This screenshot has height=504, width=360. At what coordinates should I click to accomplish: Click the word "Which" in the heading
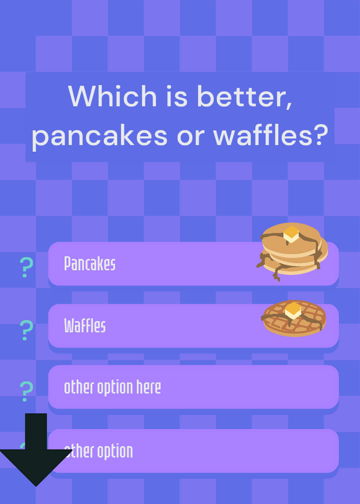pos(112,96)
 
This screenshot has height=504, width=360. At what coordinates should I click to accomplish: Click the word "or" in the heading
pos(190,137)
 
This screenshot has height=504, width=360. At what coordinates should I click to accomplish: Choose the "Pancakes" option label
pos(90,263)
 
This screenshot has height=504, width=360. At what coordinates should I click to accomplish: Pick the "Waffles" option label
pos(85,326)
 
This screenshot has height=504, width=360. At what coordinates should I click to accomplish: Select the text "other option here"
pos(112,387)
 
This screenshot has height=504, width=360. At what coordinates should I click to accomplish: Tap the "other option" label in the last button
pos(98,451)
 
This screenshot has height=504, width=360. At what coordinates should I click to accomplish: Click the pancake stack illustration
pos(293,251)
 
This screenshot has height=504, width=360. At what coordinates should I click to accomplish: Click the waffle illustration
pos(294,318)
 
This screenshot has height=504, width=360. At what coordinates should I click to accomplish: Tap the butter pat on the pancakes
pos(291,234)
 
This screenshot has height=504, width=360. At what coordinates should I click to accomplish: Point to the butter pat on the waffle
pos(293,311)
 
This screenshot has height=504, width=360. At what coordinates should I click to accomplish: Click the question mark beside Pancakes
pos(26,267)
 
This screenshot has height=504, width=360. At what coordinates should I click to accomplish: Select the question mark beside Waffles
pos(26,330)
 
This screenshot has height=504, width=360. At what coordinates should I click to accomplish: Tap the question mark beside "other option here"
pos(26,391)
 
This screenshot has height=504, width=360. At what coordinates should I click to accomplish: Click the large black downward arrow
pos(36,450)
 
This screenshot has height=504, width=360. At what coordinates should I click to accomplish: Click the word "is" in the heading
pos(177,96)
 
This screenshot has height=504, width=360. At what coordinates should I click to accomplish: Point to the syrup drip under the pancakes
pos(277,274)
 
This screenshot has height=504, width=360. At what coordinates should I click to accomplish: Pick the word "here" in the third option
pos(148,387)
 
